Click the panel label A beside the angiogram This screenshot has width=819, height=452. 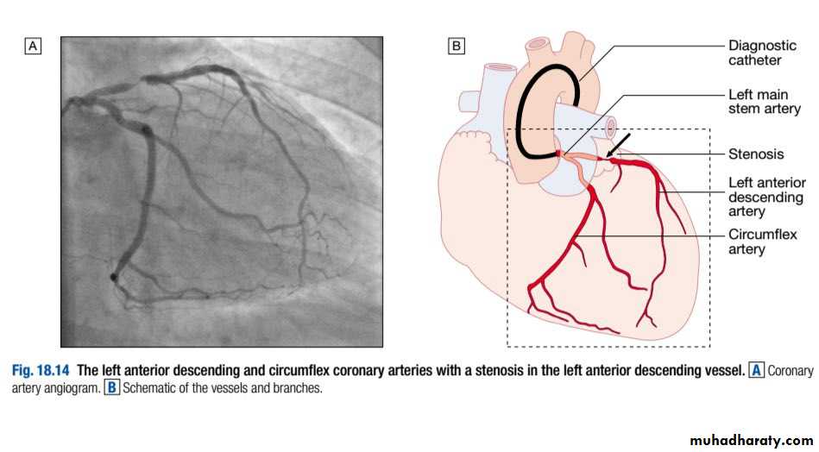point(33,47)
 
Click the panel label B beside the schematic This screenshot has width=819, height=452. point(456,47)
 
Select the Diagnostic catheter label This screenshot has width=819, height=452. point(762,53)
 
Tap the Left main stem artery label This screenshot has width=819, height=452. point(764,101)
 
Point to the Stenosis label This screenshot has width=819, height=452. point(756,154)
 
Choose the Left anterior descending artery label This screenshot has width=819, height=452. point(766,197)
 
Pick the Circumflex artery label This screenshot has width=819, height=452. point(763,242)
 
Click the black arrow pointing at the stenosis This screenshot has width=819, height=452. point(619,145)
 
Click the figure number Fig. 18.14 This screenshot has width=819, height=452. point(41,371)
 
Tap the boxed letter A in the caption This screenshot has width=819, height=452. point(756,370)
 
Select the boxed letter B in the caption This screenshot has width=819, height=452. point(112,388)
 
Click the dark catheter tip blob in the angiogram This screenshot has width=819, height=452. point(113,277)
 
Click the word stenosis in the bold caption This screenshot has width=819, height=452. point(491,371)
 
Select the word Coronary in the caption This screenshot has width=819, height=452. point(791,371)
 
